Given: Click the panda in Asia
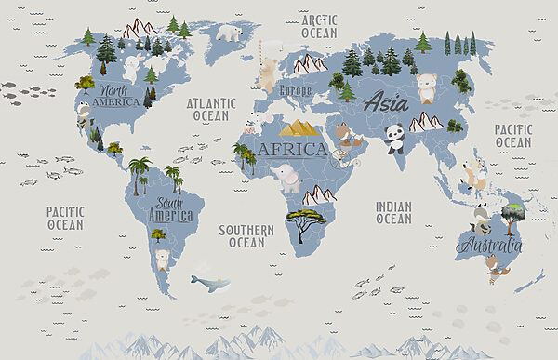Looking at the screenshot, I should coord(394,139).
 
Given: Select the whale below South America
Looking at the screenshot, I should coord(208,283).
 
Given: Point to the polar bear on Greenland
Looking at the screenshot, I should coord(228,33).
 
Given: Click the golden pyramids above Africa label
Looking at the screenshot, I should coord(299,128).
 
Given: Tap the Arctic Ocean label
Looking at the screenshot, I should coord(319,25).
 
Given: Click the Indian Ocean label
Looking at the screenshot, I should coord(393,212).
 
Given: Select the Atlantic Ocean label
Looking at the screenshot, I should coord(210,110).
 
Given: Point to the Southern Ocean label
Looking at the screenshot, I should coord(246,235).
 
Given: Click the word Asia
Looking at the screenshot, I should coord(385,103).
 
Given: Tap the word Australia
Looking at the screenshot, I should coord(488,247).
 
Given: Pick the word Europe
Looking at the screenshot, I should coord(295,91).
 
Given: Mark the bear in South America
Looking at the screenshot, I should coord(163,260).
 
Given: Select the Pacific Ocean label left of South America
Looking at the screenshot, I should coord(65,219).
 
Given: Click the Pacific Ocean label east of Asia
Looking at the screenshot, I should coord(512,136).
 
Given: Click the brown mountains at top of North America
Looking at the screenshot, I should coord(139,28).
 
